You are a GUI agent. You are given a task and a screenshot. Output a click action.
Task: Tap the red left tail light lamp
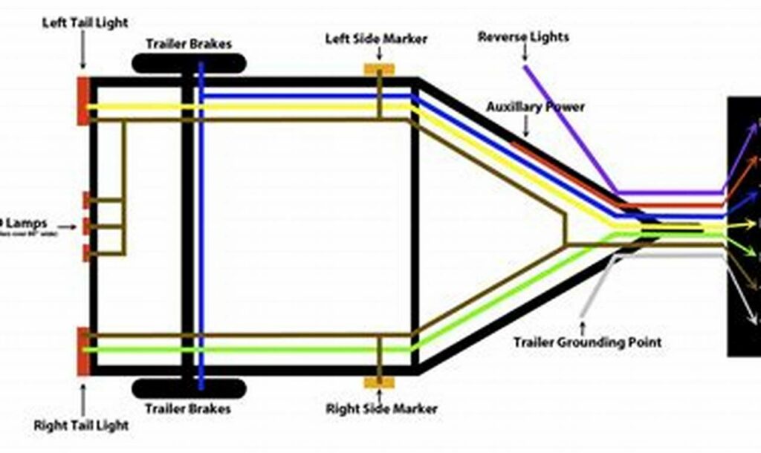(x=83, y=100)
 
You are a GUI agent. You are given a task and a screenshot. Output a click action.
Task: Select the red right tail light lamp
(x=83, y=351)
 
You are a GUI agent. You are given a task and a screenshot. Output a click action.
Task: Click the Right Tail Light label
(x=81, y=426)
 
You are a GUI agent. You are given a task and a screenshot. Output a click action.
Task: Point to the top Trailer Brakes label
(x=188, y=44)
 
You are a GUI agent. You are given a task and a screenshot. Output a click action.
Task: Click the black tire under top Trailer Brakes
(x=188, y=64)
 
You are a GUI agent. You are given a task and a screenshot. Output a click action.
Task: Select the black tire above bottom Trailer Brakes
(x=189, y=388)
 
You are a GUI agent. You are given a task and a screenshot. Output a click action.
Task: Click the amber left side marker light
(x=378, y=69)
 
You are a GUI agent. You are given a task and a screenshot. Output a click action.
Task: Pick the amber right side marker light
(x=378, y=383)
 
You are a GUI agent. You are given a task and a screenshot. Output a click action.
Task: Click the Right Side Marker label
(x=382, y=408)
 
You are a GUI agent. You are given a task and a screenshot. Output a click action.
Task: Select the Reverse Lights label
(x=523, y=36)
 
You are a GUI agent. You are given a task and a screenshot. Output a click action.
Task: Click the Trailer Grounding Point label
(x=587, y=342)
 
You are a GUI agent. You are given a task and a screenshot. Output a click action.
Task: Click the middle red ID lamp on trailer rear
(x=86, y=226)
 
